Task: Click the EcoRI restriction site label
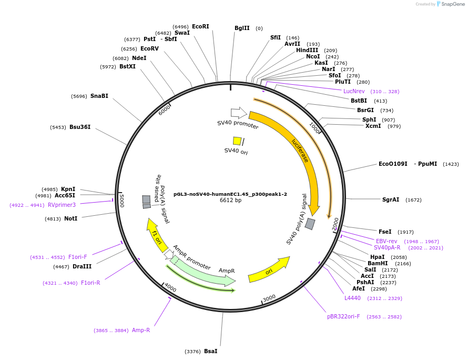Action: click(x=200, y=26)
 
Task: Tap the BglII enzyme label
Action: click(x=242, y=28)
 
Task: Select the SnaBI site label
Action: click(x=99, y=96)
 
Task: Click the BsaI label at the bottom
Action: click(x=210, y=351)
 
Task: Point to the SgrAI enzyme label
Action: click(x=391, y=199)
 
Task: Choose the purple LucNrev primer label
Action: click(x=354, y=91)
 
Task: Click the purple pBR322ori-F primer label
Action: click(x=343, y=316)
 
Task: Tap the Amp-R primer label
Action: click(x=141, y=330)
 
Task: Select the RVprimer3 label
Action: click(x=62, y=205)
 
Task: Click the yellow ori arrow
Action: click(x=269, y=270)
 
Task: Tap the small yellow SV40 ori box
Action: click(x=237, y=141)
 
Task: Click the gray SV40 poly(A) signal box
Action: click(x=310, y=224)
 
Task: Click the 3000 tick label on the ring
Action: click(x=269, y=298)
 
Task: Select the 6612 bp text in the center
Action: click(x=230, y=201)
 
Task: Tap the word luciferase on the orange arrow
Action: click(x=300, y=150)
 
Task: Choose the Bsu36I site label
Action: click(x=80, y=127)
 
